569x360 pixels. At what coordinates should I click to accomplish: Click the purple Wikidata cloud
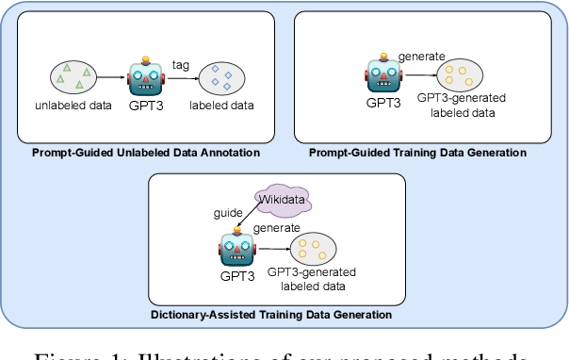pos(282,200)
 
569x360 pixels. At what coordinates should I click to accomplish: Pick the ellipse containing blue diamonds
pos(219,77)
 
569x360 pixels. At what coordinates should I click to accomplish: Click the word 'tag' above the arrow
pos(181,63)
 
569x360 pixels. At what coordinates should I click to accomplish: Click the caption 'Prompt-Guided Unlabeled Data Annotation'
pos(146,153)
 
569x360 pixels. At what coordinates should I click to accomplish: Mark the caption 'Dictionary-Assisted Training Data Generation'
pos(271,314)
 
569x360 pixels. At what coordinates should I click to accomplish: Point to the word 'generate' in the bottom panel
pos(277,228)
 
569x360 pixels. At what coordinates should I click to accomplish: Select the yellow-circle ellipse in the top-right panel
pos(463,76)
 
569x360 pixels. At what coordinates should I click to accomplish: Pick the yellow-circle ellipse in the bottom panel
pos(309,250)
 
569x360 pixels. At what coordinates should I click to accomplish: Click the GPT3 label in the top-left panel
pos(146,106)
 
